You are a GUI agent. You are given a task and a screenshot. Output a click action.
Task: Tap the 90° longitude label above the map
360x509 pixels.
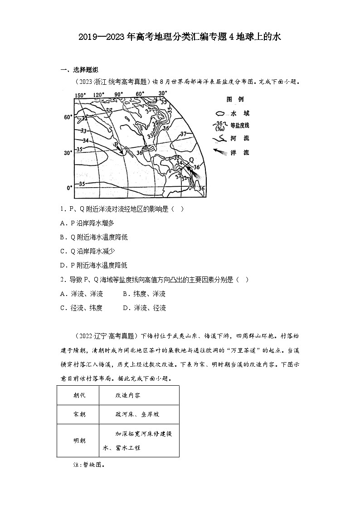point(119,95)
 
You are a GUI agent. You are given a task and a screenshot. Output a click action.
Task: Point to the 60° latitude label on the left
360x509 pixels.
point(68,117)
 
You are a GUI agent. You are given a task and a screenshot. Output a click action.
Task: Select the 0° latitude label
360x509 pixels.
point(69,187)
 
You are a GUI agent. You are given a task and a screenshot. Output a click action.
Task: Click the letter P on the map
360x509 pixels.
point(116,145)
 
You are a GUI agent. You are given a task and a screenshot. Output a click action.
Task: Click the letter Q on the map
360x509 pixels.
point(190,160)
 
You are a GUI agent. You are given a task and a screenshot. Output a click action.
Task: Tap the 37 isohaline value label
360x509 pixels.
point(183,134)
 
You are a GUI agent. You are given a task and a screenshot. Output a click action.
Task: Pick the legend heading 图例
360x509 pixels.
point(235,99)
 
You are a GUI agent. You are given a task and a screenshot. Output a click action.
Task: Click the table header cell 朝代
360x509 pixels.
point(79,395)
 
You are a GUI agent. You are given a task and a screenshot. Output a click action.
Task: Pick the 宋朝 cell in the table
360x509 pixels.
point(79,414)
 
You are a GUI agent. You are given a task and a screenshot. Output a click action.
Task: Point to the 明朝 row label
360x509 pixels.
point(79,440)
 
